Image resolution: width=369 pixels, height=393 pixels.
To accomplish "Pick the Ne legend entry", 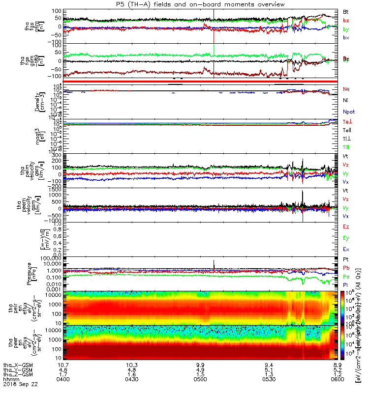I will (346, 89).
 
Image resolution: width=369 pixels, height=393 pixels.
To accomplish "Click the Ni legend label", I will (345, 100).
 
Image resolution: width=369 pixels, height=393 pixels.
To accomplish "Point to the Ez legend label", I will (346, 227).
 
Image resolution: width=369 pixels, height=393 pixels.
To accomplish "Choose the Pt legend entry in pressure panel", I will (345, 259).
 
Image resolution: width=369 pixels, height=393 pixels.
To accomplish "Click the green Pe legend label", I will (346, 277).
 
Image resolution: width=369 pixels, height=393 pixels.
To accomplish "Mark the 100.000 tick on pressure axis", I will (50, 257).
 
